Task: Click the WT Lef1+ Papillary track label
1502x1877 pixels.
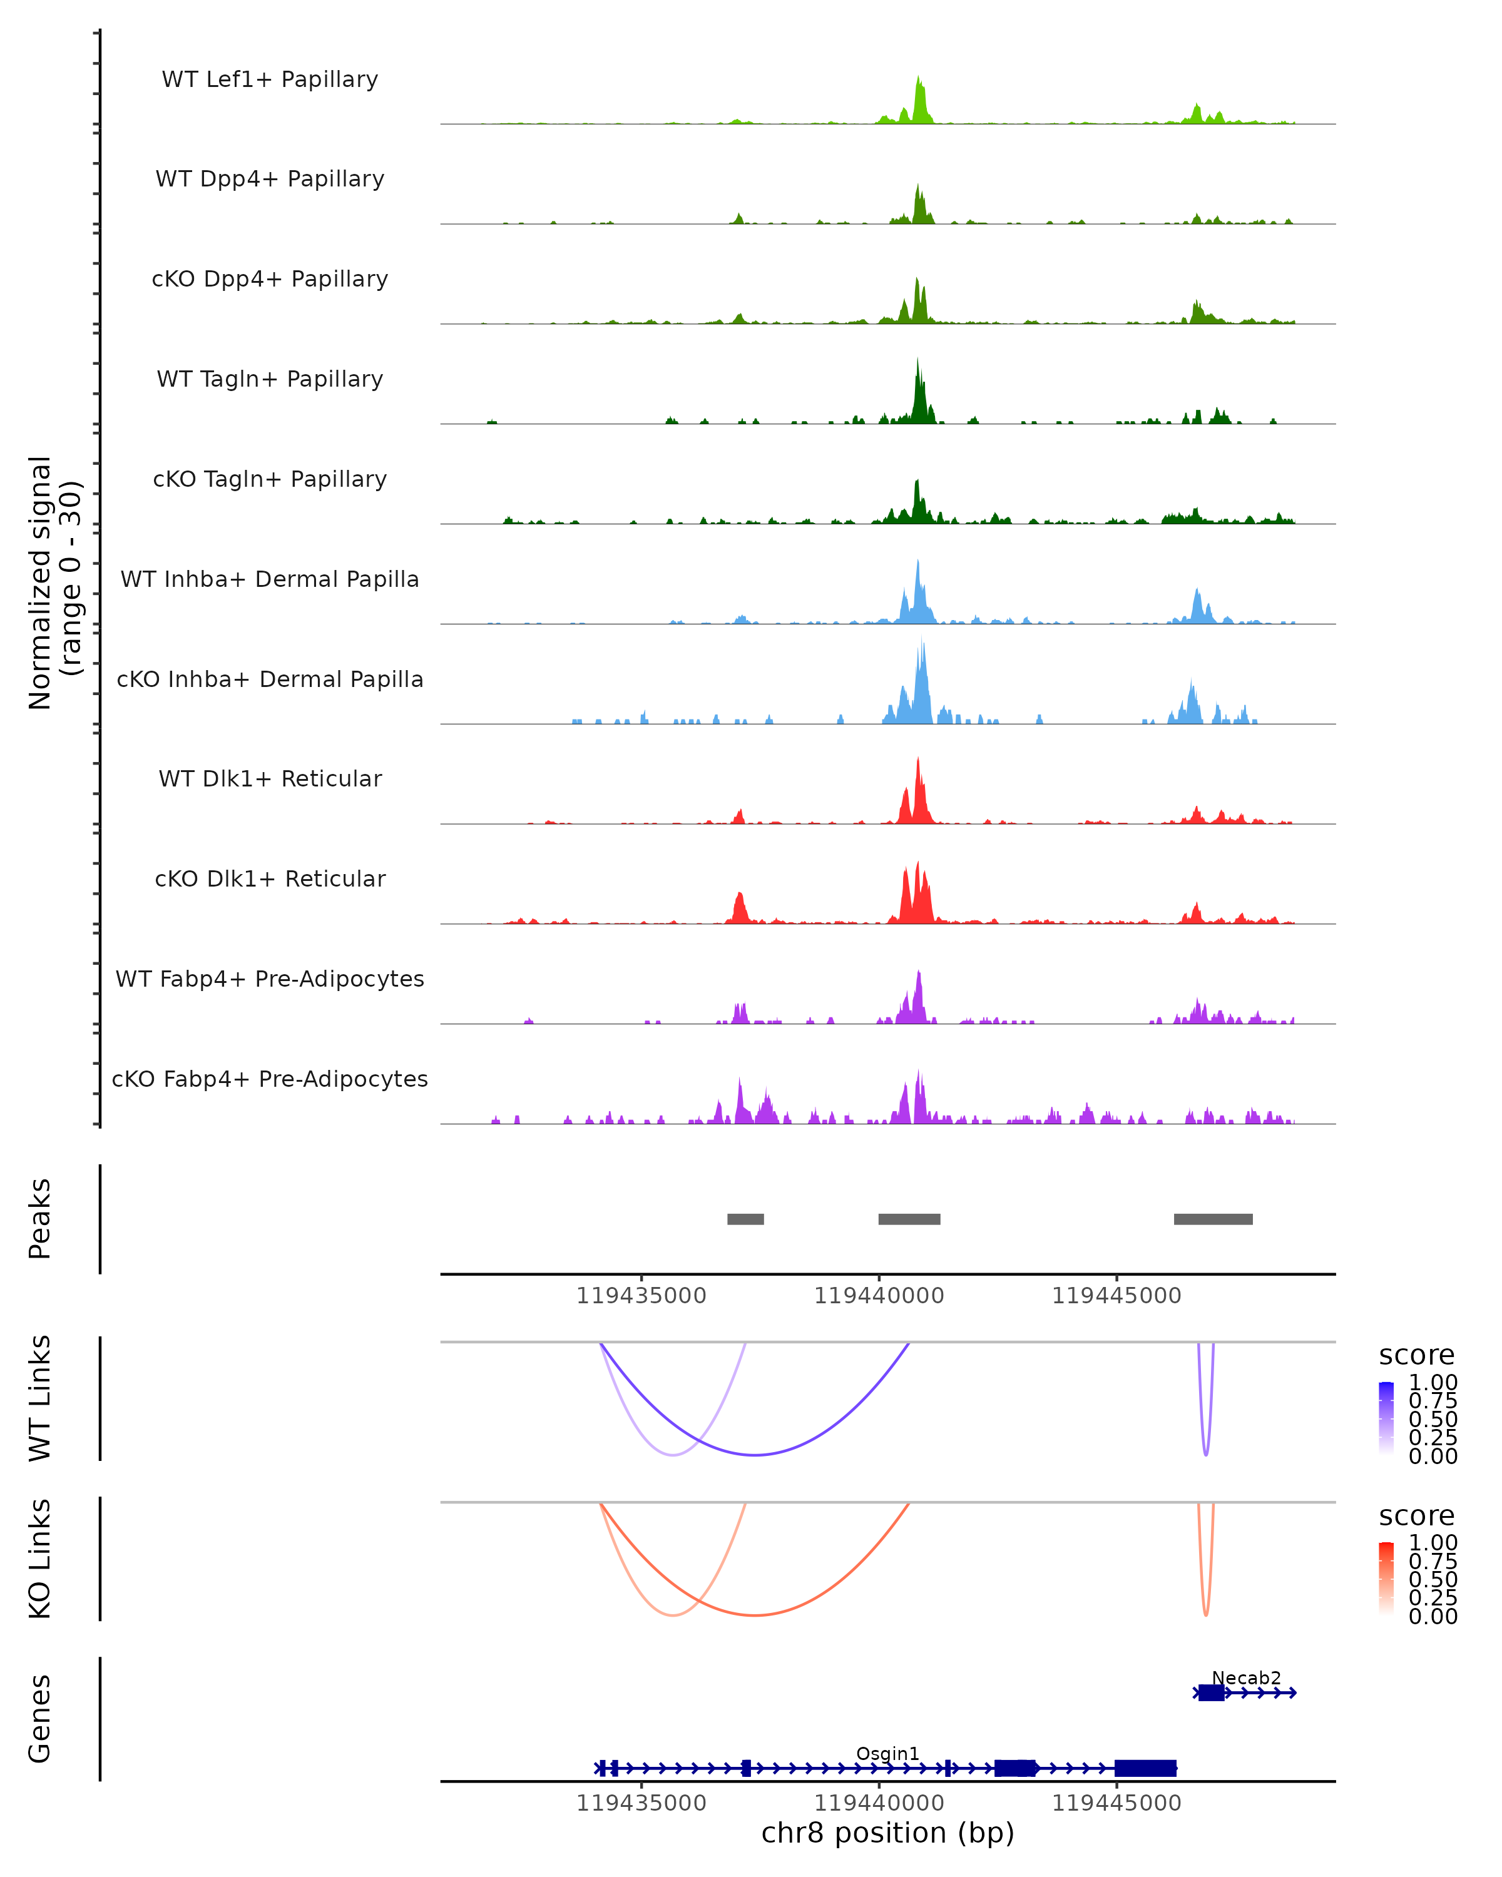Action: [x=270, y=79]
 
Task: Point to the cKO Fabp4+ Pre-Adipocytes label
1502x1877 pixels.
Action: [x=270, y=1079]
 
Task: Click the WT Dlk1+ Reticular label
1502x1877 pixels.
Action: [x=270, y=778]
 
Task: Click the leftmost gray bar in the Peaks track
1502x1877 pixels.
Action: [x=745, y=1219]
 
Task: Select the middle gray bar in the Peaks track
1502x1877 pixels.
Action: [x=909, y=1219]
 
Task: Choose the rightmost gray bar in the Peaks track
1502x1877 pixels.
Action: [x=1213, y=1219]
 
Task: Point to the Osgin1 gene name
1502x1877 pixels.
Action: [x=887, y=1753]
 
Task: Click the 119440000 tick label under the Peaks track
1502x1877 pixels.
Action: [x=879, y=1296]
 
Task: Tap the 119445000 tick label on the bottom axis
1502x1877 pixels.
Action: [x=1116, y=1803]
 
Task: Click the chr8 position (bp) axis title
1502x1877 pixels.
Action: [x=887, y=1833]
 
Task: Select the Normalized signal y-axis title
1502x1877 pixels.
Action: [x=54, y=582]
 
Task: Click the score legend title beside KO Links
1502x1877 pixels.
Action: [x=1416, y=1516]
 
